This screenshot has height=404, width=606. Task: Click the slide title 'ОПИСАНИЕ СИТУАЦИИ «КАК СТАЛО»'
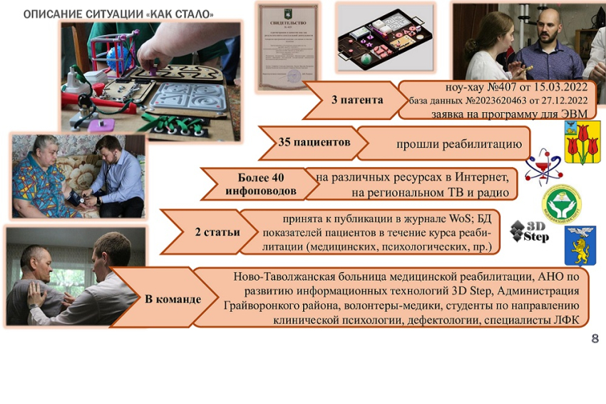coord(118,14)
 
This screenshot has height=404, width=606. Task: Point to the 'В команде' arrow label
coord(173,299)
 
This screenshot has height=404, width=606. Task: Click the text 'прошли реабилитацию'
coord(459,144)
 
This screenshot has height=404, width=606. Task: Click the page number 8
coord(595,338)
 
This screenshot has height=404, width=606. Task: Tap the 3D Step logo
coord(530,231)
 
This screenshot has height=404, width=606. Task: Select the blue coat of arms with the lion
coord(580,245)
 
